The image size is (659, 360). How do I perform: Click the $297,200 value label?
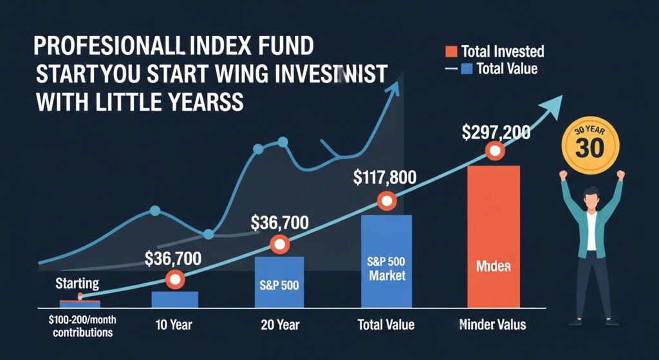[x=496, y=133]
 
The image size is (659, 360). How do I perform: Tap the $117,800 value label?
[x=385, y=177]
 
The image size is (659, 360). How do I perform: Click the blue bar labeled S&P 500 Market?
[x=385, y=261]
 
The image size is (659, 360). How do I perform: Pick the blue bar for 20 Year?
[x=279, y=282]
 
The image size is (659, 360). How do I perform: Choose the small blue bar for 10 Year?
[x=174, y=299]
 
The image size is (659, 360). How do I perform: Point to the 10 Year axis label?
[x=174, y=325]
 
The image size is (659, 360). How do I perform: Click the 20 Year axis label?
[x=280, y=325]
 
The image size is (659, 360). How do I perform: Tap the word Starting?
[x=77, y=283]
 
